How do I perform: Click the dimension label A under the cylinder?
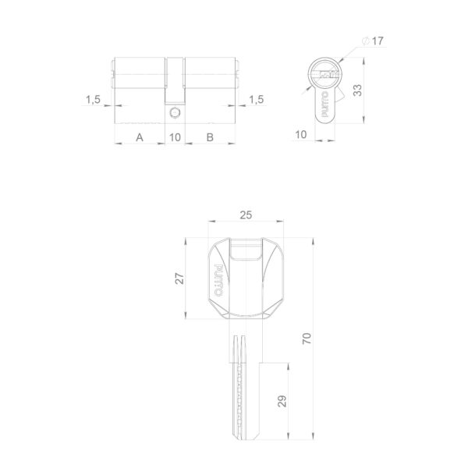tap(140, 137)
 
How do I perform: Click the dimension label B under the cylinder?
tap(210, 137)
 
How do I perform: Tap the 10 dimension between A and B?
tap(175, 137)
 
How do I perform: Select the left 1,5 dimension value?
tap(93, 99)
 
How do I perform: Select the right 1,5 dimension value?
tap(257, 99)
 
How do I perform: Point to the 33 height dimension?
tap(357, 90)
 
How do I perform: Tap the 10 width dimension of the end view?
tap(301, 135)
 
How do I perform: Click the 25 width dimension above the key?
tap(246, 215)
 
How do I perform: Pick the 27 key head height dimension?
tap(179, 278)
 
